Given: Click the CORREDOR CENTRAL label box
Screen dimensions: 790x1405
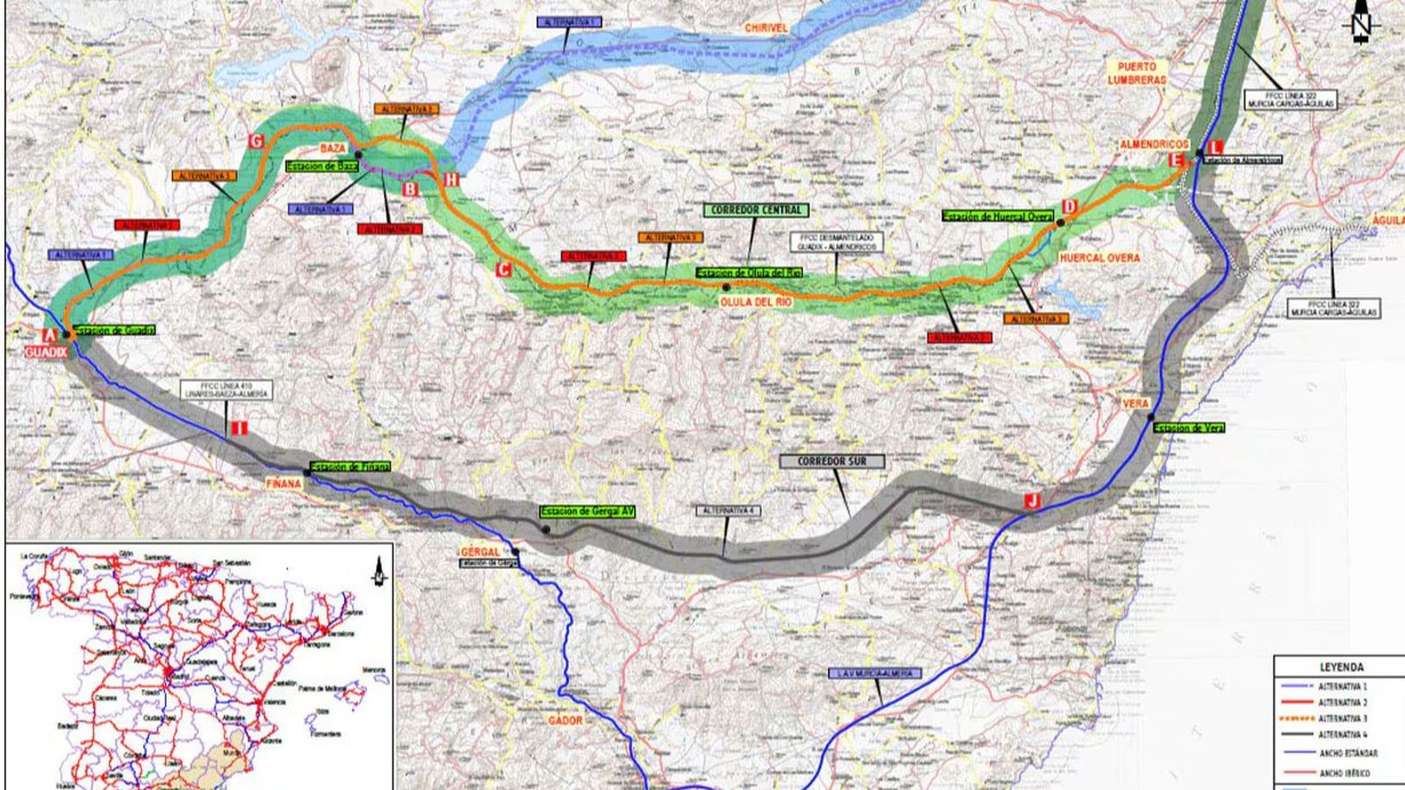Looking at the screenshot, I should pos(756,211).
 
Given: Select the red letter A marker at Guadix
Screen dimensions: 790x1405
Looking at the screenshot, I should pos(50,334).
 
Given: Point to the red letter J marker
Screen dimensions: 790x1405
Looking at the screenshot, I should pos(1033,500).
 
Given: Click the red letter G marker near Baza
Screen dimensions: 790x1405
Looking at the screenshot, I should pos(256,140).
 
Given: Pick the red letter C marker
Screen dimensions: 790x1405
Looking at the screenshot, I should pos(502,269).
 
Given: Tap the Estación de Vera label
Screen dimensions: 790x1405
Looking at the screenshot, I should pos(1188,427).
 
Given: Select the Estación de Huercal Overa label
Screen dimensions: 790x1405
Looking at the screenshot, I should pos(998,216).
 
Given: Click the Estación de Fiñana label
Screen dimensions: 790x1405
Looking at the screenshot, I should pos(349,466).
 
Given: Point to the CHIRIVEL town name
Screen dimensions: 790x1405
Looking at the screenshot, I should pos(766,28).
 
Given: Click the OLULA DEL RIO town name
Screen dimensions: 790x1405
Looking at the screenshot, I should pos(756,301).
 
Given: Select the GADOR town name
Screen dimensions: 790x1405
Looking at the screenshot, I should pos(565,720).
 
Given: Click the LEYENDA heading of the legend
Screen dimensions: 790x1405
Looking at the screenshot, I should pos(1341,667).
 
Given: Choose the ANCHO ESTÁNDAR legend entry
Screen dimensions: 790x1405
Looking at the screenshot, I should pos(1347,753).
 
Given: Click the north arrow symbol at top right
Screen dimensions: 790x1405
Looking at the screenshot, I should pos(1361,25).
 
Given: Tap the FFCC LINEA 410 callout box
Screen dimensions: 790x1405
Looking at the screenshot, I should pos(227,390).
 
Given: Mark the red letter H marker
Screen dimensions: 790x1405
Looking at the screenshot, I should pos(451,179).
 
